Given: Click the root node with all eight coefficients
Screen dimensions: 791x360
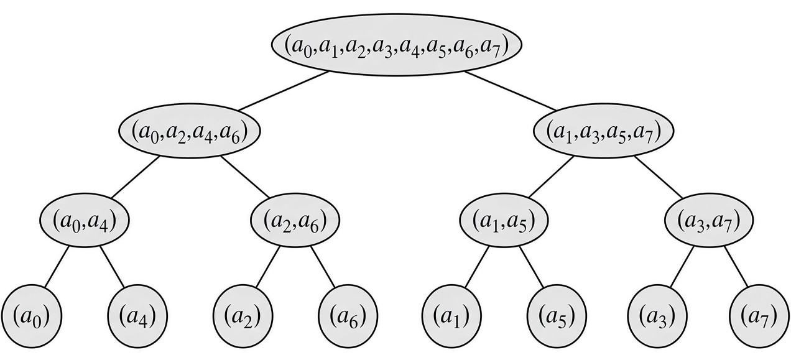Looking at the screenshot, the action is pyautogui.click(x=396, y=45).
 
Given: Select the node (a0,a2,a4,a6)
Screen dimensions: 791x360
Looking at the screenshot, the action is pyautogui.click(x=189, y=131).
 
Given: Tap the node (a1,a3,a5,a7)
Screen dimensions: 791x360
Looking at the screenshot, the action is pyautogui.click(x=603, y=131).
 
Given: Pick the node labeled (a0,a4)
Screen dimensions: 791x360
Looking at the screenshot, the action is pyautogui.click(x=85, y=220).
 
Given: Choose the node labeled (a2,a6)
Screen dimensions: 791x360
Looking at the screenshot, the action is pyautogui.click(x=295, y=220).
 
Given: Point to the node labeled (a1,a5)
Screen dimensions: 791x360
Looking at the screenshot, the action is pyautogui.click(x=504, y=220).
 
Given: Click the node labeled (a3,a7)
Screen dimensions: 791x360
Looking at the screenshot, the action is pyautogui.click(x=709, y=220).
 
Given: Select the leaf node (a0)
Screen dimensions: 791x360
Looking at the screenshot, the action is pyautogui.click(x=32, y=316).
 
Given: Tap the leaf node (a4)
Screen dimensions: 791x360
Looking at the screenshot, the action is pyautogui.click(x=137, y=316).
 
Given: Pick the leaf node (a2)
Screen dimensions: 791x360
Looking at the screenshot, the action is pyautogui.click(x=243, y=316).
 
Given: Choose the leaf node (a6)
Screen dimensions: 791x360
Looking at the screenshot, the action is pyautogui.click(x=348, y=316).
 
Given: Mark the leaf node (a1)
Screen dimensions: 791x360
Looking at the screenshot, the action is pyautogui.click(x=451, y=316).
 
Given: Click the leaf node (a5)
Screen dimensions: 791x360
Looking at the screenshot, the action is pyautogui.click(x=557, y=316).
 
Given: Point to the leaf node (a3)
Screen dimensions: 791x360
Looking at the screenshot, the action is pyautogui.click(x=657, y=316).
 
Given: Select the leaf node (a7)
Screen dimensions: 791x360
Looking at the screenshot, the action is pyautogui.click(x=759, y=316).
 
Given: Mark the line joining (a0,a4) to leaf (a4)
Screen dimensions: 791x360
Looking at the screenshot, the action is pyautogui.click(x=112, y=267).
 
